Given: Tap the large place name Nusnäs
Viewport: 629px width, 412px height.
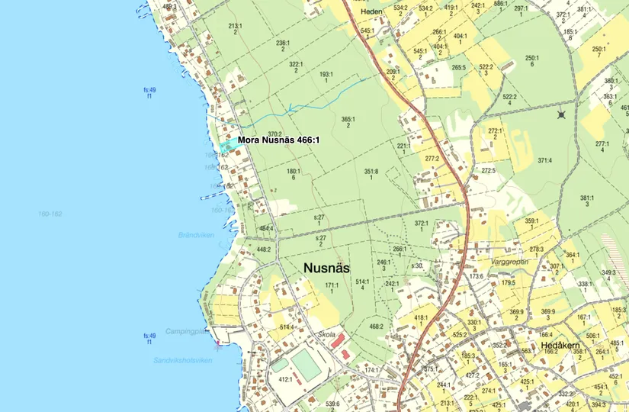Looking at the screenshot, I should pyautogui.click(x=326, y=268).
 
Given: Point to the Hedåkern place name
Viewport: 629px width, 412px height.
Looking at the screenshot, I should pyautogui.click(x=560, y=345).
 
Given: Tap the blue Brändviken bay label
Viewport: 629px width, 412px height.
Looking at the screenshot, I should pyautogui.click(x=196, y=235).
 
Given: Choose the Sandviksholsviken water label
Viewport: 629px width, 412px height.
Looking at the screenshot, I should pyautogui.click(x=182, y=360).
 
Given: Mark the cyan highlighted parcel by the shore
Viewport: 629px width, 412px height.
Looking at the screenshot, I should pyautogui.click(x=226, y=145).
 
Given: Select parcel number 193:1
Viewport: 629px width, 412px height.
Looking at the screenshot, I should pyautogui.click(x=326, y=74).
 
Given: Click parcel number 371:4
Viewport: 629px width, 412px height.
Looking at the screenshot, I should pyautogui.click(x=544, y=160).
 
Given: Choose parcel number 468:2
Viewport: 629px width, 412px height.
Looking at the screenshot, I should pyautogui.click(x=377, y=326).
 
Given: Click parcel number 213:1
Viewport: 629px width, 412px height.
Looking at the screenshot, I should pyautogui.click(x=235, y=25).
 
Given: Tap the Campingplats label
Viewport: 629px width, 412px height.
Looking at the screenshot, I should pyautogui.click(x=186, y=332).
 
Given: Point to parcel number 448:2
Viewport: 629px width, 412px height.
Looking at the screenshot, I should pyautogui.click(x=264, y=249).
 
